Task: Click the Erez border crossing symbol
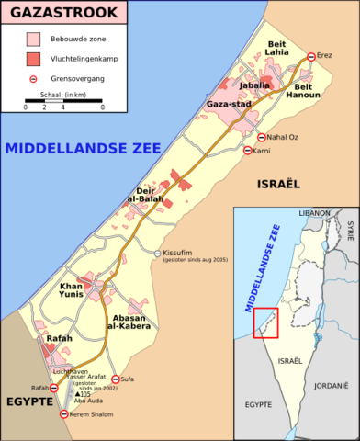tap(311, 57)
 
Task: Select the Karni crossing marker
tap(249, 150)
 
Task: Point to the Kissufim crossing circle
tap(157, 253)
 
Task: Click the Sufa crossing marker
tap(116, 379)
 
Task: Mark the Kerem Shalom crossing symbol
tap(63, 415)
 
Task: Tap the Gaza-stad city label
tap(230, 106)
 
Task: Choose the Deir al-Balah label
tap(145, 196)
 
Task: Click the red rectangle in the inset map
tap(265, 322)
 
